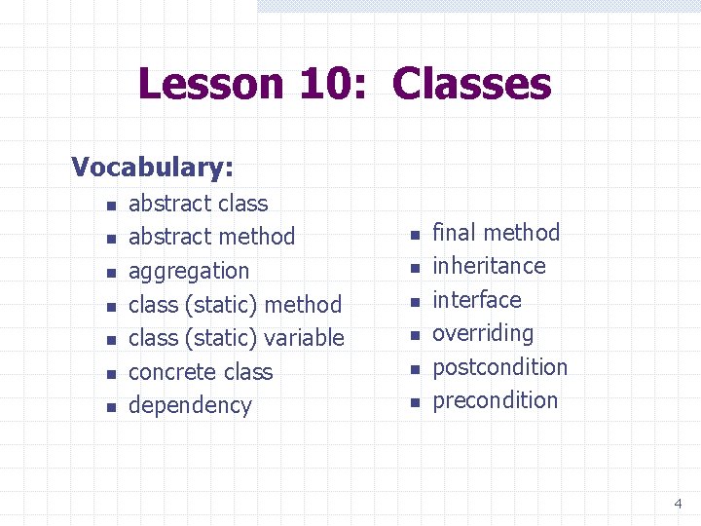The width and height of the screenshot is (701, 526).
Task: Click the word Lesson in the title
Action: [211, 84]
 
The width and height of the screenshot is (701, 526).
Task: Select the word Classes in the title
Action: [471, 84]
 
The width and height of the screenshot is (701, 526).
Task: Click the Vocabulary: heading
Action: [152, 167]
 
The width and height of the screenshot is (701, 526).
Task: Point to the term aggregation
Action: [189, 271]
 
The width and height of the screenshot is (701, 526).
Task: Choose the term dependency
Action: [190, 405]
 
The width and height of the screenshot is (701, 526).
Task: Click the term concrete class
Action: [201, 372]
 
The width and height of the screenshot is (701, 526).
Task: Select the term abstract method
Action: [211, 237]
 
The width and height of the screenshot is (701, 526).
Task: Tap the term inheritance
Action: [489, 266]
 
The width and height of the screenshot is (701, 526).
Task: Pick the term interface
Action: [477, 300]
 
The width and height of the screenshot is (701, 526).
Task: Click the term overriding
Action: [483, 333]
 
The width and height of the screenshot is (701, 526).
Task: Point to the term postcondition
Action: [499, 367]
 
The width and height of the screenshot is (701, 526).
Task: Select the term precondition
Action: [496, 400]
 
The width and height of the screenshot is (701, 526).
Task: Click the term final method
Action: [497, 233]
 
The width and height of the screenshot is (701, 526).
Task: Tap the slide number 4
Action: [678, 504]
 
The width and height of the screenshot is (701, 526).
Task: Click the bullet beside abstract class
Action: [111, 205]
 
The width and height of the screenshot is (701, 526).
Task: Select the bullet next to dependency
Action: [111, 407]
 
